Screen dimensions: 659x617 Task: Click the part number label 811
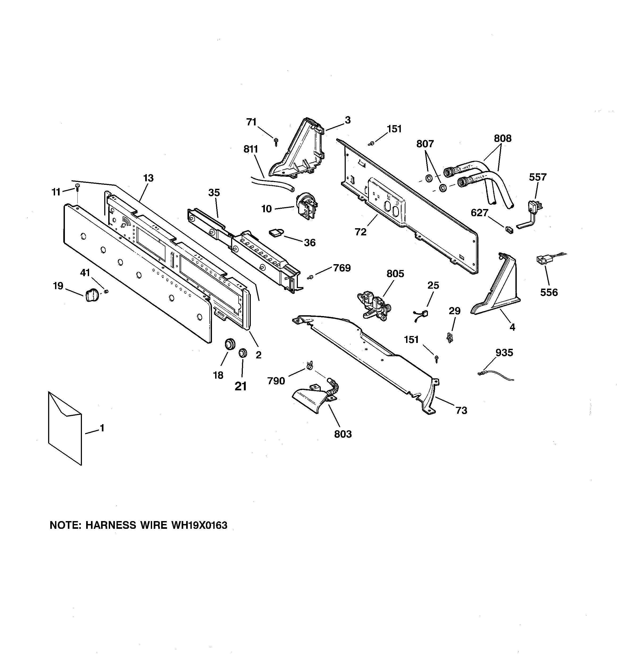pyautogui.click(x=251, y=149)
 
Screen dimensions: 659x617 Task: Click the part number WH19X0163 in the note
pyautogui.click(x=199, y=525)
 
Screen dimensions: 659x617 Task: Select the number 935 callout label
pyautogui.click(x=504, y=353)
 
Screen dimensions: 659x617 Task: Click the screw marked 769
pyautogui.click(x=310, y=277)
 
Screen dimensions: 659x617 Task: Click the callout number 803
pyautogui.click(x=343, y=434)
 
